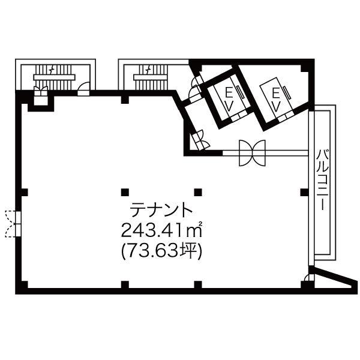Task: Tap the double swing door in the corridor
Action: pyautogui.click(x=252, y=154)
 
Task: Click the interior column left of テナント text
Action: pyautogui.click(x=124, y=193)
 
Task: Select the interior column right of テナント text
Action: pyautogui.click(x=197, y=193)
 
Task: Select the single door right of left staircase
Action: pyautogui.click(x=84, y=90)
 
